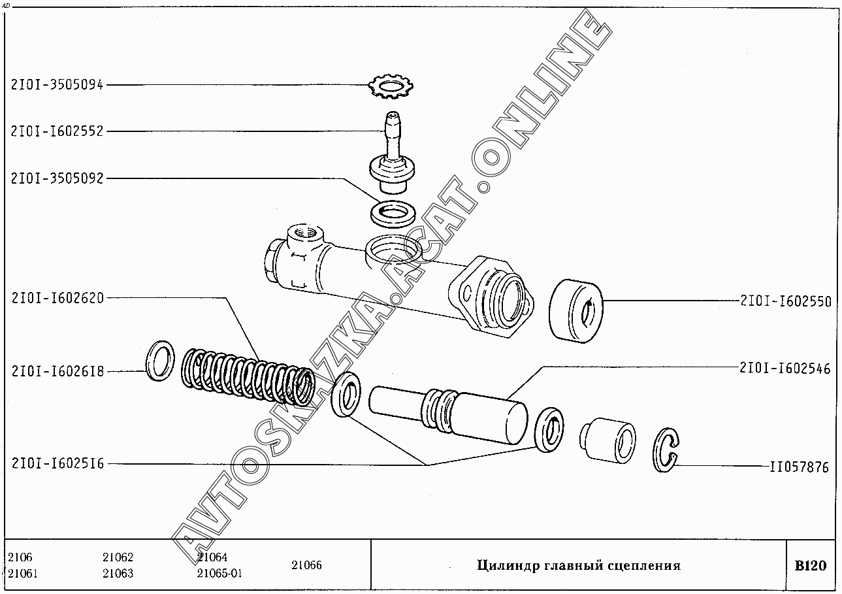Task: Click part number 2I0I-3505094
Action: pos(57,85)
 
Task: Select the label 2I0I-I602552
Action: pos(57,131)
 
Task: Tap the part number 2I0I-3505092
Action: pos(57,178)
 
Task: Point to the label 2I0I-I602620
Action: pos(57,298)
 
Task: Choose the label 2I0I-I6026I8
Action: pos(57,371)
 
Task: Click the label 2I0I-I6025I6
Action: pos(57,463)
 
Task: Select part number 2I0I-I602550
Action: pos(786,301)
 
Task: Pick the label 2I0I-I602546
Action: pos(785,369)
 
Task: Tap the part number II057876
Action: pos(799,467)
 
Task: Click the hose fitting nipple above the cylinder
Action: pos(392,152)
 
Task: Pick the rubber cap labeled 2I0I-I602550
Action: pos(575,311)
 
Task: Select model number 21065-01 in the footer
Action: pos(219,573)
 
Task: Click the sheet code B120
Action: pos(811,565)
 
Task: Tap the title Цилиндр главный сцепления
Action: pos(579,566)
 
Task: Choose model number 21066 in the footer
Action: pos(306,565)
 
